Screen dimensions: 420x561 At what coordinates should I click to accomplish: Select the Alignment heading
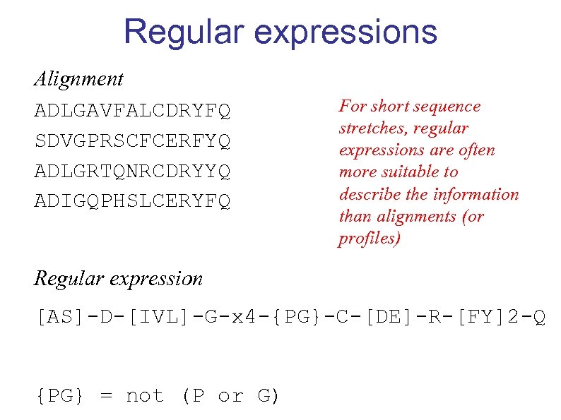[78, 78]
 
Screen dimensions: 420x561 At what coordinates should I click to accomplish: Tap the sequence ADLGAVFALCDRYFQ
[132, 112]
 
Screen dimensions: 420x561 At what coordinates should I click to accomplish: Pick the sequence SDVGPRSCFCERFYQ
[132, 141]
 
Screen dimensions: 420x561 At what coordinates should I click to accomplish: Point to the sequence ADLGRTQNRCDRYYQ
[132, 172]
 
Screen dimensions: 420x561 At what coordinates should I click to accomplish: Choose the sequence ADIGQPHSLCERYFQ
[132, 202]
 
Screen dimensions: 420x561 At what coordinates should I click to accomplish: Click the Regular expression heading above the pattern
[118, 278]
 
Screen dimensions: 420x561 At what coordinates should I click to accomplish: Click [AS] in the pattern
[61, 317]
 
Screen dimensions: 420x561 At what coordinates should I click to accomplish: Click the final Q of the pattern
[538, 317]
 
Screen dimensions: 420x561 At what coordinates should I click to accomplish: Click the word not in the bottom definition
[144, 396]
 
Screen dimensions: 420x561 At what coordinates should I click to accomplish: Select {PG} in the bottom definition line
[61, 396]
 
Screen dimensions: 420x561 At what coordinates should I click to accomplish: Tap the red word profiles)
[370, 239]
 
